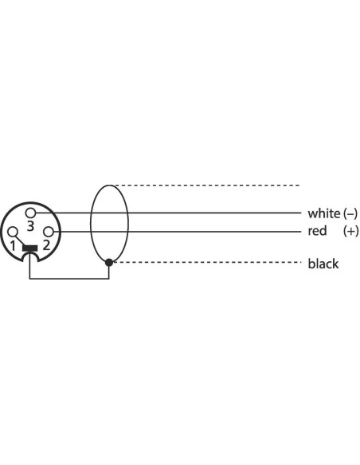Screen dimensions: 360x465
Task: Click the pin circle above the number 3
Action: (30, 213)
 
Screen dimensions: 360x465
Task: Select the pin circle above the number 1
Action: (13, 232)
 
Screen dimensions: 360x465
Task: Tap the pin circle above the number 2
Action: (49, 232)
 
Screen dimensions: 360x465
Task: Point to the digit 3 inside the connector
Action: (30, 226)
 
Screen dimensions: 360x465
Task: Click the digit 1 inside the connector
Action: (13, 245)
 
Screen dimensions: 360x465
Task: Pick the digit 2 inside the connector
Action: (46, 245)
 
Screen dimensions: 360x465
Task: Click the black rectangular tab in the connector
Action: (29, 248)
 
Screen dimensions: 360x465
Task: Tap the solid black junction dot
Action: (109, 262)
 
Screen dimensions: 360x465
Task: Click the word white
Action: (324, 213)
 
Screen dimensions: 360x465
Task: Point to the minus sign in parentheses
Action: (350, 213)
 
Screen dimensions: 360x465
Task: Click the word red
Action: (317, 231)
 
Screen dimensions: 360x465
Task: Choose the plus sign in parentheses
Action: (350, 231)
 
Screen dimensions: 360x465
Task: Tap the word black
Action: (323, 264)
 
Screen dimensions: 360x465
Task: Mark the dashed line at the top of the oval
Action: (207, 186)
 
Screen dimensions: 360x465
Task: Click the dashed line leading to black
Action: (207, 262)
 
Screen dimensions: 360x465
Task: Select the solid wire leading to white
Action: (168, 213)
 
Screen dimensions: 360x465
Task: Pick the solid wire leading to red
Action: (178, 232)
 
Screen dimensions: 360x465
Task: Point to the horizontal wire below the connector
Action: (69, 279)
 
